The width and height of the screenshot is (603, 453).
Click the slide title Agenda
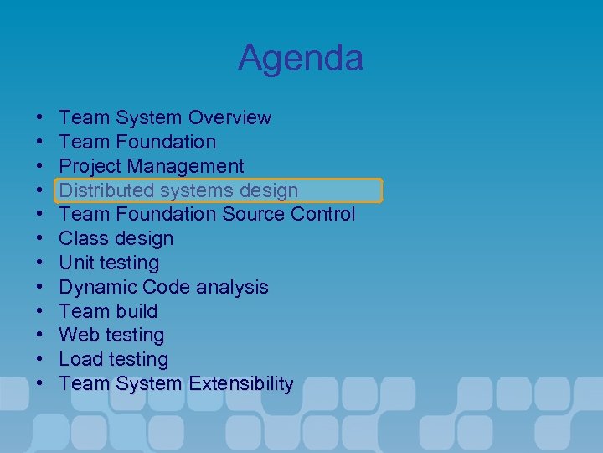click(x=301, y=58)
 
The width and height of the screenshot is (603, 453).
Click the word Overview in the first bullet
click(x=230, y=117)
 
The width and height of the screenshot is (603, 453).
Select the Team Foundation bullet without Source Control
click(x=137, y=142)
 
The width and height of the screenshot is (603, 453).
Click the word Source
click(x=253, y=215)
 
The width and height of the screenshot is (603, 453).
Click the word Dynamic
click(x=96, y=288)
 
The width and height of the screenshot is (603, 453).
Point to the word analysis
click(x=234, y=288)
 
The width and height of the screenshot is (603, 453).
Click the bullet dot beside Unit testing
click(x=41, y=263)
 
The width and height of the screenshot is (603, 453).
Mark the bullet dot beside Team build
click(x=41, y=312)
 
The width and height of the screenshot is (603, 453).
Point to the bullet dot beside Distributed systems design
click(x=41, y=190)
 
